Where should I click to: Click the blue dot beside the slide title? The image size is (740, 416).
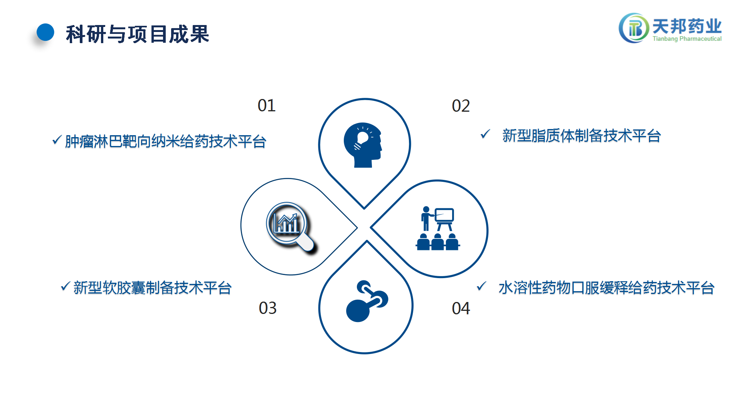[x=45, y=32]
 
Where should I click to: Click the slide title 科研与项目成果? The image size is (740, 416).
[x=138, y=34]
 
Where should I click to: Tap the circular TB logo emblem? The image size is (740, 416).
[x=634, y=28]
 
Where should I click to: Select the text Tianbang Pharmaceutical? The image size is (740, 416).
[x=687, y=39]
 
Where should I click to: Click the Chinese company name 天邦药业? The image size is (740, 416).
[x=687, y=26]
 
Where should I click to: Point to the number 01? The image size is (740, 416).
[x=267, y=106]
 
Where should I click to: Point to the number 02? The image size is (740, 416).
[x=461, y=106]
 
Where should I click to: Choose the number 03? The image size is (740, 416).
[x=268, y=308]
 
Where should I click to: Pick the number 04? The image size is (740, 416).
[x=461, y=309]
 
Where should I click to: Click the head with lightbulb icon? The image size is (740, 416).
[x=363, y=145]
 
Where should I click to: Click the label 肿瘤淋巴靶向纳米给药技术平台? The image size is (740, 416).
[x=166, y=142]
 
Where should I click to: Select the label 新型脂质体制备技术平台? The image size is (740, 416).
[x=582, y=136]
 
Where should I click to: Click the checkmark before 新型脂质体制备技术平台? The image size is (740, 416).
[x=485, y=134]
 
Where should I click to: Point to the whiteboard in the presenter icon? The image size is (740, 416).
[x=444, y=215]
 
